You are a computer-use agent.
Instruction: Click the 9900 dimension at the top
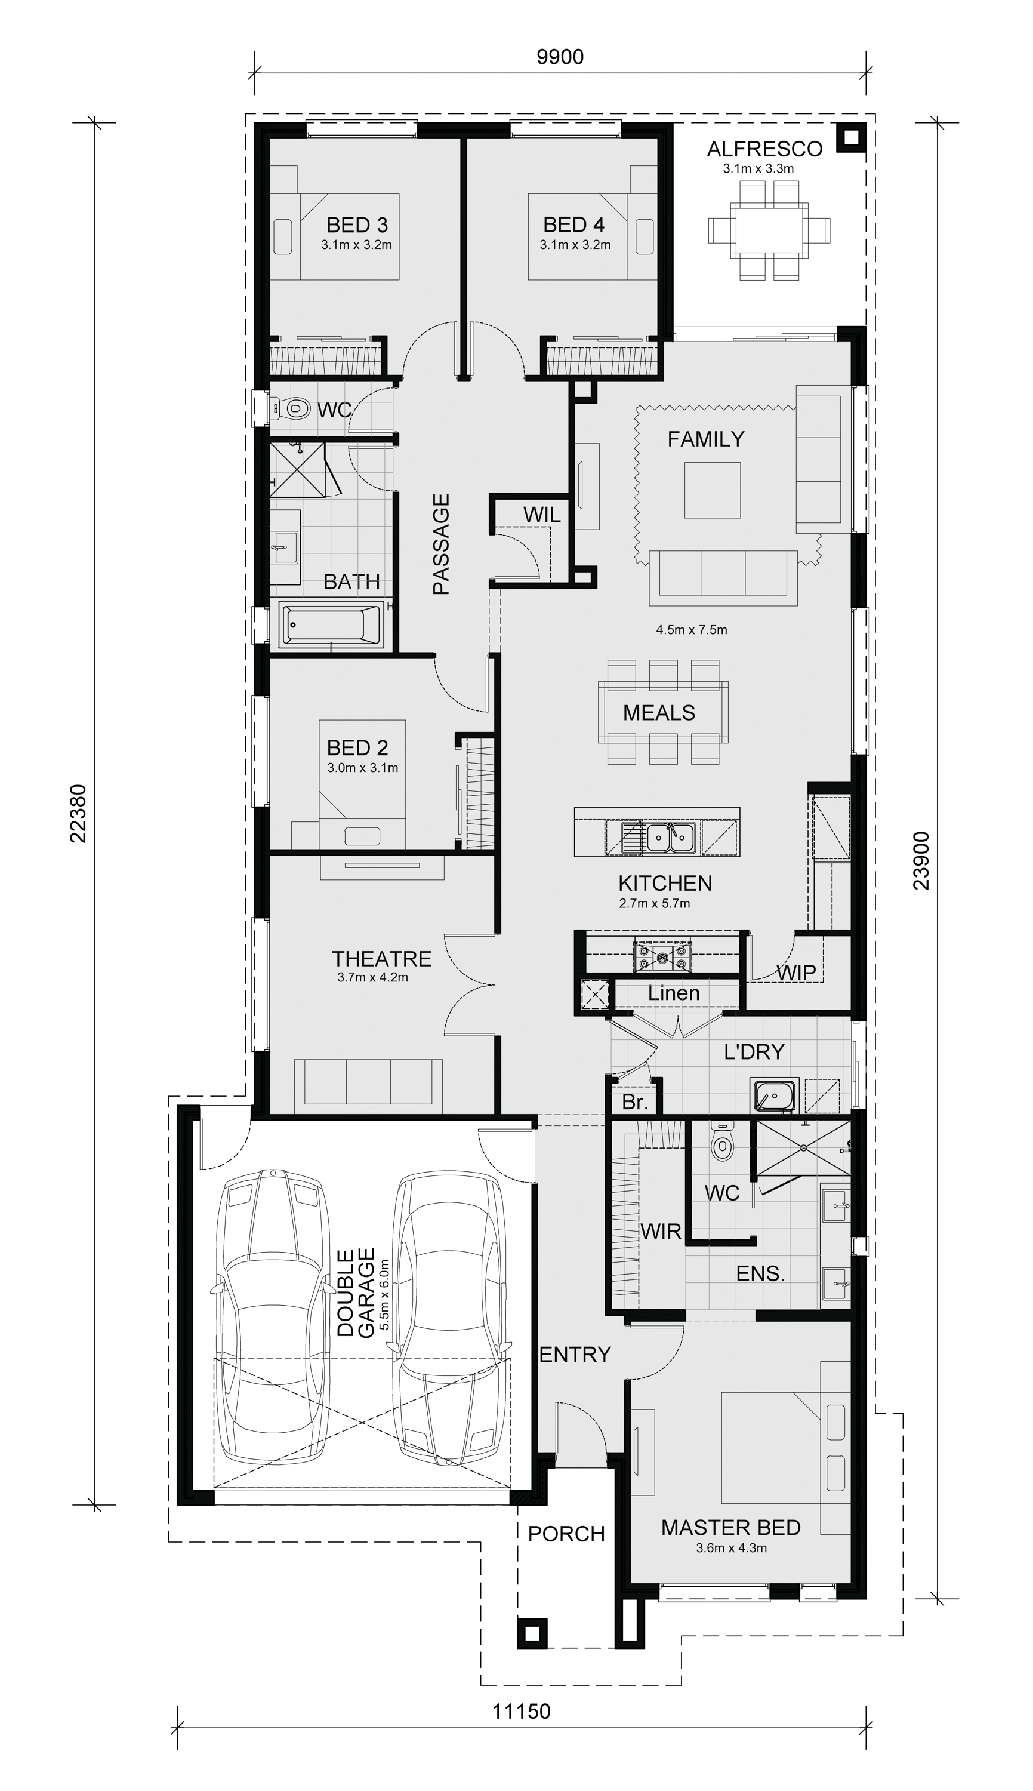560,57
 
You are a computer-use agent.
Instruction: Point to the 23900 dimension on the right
921,861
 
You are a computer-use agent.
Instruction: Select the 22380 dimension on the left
78,813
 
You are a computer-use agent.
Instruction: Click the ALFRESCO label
764,149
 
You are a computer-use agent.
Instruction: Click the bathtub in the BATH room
332,624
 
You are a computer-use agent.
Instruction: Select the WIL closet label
541,515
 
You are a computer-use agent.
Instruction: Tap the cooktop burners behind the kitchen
662,956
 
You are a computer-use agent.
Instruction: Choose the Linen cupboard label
673,994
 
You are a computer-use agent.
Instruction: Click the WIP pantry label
796,973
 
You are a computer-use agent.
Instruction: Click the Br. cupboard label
634,1103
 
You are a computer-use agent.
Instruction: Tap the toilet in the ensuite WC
721,1144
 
